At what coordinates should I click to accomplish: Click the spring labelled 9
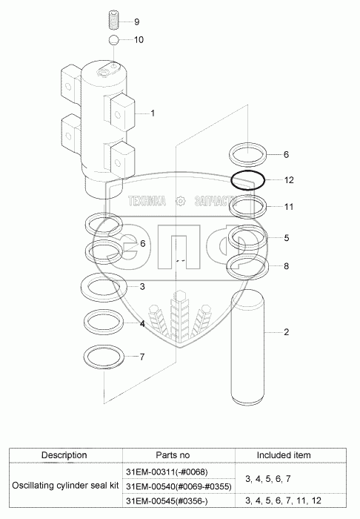click(x=113, y=20)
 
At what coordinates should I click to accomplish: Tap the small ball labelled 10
click(x=113, y=40)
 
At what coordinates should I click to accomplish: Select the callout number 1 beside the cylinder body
click(x=153, y=113)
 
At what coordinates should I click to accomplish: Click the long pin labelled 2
click(x=247, y=346)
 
